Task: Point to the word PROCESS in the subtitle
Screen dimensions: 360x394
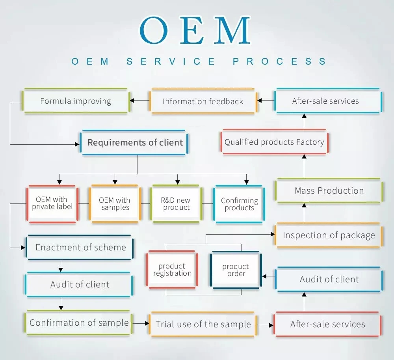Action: [x=279, y=62]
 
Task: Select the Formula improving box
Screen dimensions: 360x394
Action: [x=76, y=101]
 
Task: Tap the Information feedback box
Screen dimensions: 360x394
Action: [x=203, y=101]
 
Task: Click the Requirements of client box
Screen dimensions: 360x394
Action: [x=135, y=142]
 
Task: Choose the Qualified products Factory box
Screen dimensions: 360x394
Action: [x=274, y=142]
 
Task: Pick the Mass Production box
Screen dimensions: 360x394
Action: [x=329, y=190]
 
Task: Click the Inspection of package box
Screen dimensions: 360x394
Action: [x=329, y=235]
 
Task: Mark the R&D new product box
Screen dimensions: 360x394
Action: [x=176, y=204]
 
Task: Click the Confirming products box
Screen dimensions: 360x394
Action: [x=239, y=204]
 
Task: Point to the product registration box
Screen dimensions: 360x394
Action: [x=172, y=270]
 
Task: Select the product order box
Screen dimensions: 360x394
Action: [x=236, y=270]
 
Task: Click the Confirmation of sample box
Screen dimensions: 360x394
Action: [x=79, y=323]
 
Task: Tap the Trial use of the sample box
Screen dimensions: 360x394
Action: [x=203, y=324]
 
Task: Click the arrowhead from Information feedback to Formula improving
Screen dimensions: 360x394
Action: [x=132, y=101]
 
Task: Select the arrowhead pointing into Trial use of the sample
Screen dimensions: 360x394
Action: [x=147, y=323]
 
